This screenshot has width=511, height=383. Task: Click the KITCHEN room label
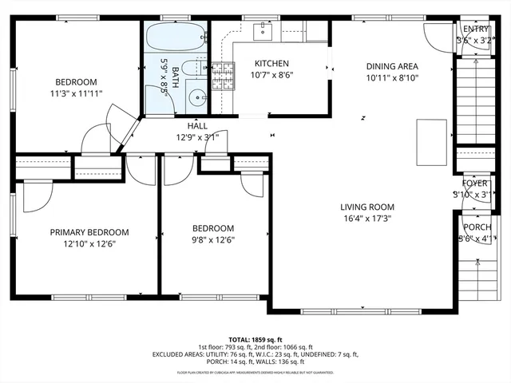271,64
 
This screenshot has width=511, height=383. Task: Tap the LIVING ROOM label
368,207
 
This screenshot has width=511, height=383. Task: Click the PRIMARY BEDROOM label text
89,232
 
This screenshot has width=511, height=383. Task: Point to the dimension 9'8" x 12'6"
212,239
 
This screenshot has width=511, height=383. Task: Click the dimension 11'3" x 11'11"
76,93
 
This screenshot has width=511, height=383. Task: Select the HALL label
197,126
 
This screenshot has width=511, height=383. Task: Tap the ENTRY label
471,30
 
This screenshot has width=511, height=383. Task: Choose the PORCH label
477,227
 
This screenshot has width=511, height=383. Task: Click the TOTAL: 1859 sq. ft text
255,339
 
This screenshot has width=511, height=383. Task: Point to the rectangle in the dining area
432,131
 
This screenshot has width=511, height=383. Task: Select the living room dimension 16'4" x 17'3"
368,218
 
